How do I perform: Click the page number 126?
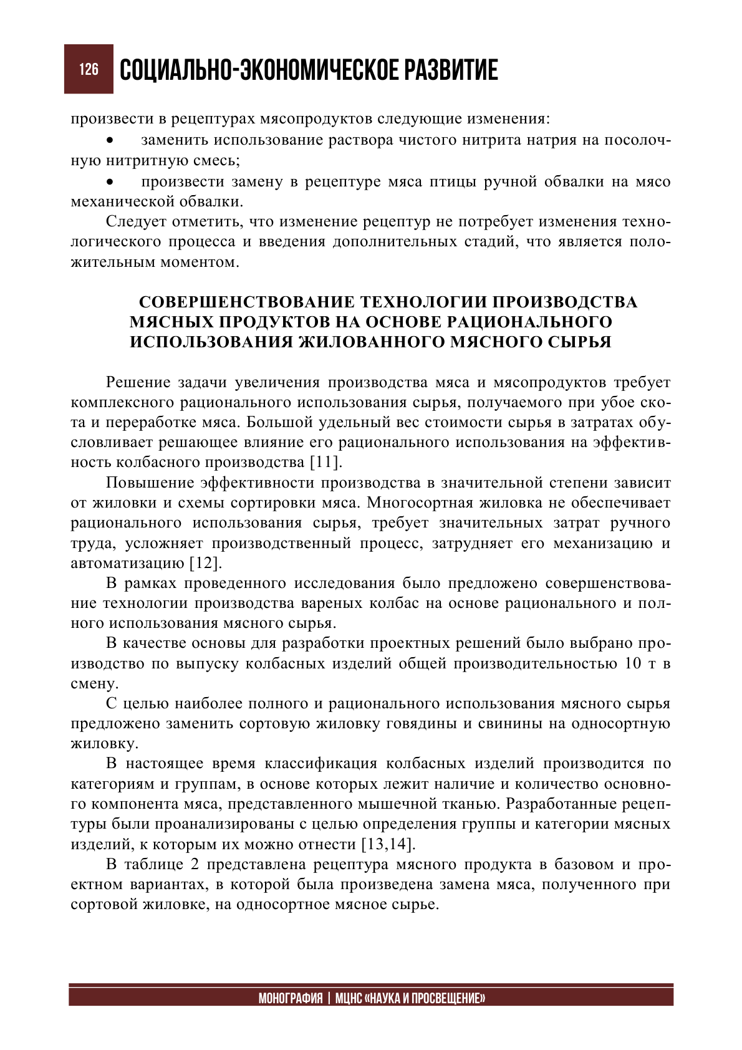coord(89,69)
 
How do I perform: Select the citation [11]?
coord(325,463)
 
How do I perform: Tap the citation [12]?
coord(205,563)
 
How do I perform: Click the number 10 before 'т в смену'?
coord(633,663)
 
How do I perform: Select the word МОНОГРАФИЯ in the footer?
coord(291,998)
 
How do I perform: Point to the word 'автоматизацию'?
coord(128,563)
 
